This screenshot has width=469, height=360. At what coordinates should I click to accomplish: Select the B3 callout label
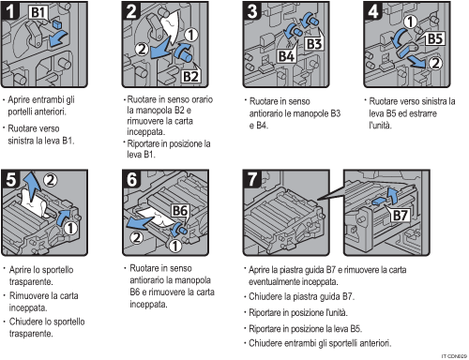312,45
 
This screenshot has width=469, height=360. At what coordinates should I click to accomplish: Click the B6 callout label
182,212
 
